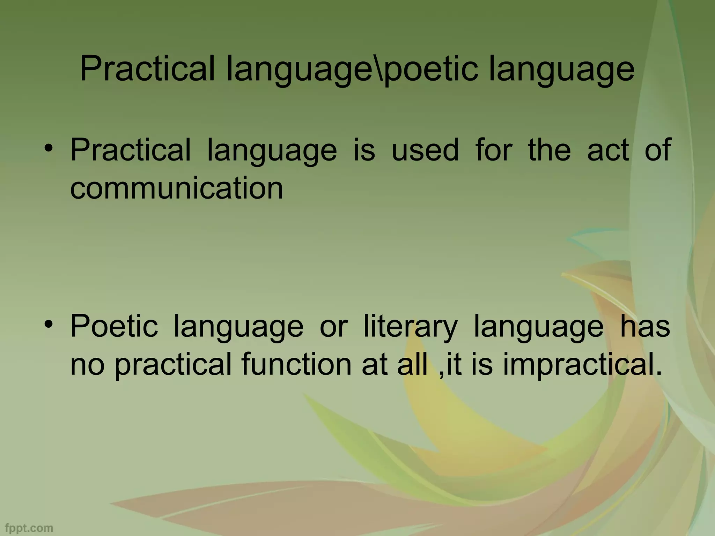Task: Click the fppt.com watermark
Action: click(29, 528)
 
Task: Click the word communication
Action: click(177, 188)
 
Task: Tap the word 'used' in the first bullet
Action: click(425, 150)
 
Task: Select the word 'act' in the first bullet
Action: click(608, 150)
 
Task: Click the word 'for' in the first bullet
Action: click(493, 150)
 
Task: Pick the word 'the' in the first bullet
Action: click(550, 150)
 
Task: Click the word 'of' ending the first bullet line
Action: click(658, 150)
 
